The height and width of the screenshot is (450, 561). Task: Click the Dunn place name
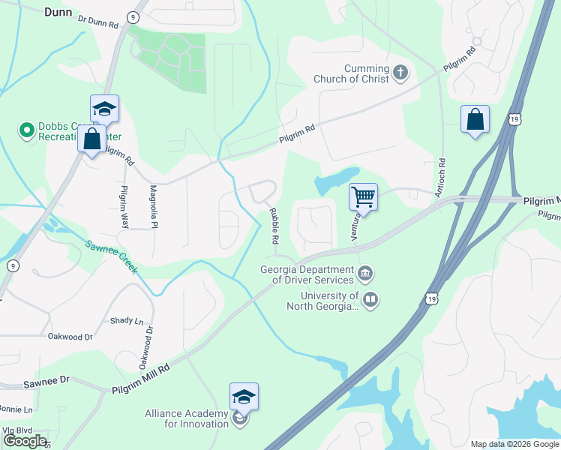point(58,12)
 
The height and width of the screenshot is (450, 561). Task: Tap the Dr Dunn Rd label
point(98,24)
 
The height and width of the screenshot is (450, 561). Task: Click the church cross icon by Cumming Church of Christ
point(400,73)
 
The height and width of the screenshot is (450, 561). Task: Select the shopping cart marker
point(363,197)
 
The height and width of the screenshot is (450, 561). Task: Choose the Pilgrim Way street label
point(124,206)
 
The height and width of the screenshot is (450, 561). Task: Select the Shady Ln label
point(127,320)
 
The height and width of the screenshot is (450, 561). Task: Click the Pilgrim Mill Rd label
point(141,377)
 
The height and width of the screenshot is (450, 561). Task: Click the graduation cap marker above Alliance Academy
point(244,395)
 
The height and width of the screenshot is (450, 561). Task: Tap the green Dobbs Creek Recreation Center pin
point(27,130)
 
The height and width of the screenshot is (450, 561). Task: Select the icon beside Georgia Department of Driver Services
point(365,272)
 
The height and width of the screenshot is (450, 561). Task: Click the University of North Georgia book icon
point(370,301)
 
